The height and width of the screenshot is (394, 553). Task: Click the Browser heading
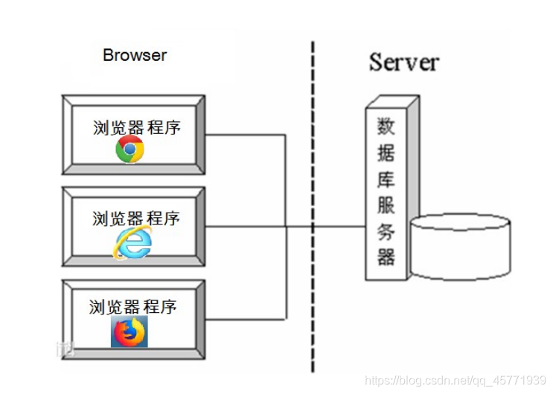pyautogui.click(x=135, y=56)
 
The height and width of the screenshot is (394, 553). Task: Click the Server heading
pyautogui.click(x=403, y=62)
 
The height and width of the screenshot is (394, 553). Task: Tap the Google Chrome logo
pyautogui.click(x=130, y=149)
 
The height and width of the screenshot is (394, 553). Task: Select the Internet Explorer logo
pyautogui.click(x=132, y=242)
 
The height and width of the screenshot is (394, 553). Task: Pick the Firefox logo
pyautogui.click(x=130, y=332)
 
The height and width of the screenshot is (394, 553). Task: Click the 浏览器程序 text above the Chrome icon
pyautogui.click(x=137, y=127)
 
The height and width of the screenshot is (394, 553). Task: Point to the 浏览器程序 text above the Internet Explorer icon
pyautogui.click(x=136, y=219)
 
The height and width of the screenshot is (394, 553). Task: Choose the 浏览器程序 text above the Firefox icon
pyautogui.click(x=133, y=307)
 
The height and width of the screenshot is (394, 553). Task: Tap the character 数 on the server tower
pyautogui.click(x=386, y=126)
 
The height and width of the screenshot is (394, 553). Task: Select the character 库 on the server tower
pyautogui.click(x=386, y=179)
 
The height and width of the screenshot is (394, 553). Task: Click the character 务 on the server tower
pyautogui.click(x=386, y=232)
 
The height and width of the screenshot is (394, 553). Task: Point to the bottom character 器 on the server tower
pyautogui.click(x=386, y=258)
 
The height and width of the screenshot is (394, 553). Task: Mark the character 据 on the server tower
pyautogui.click(x=386, y=152)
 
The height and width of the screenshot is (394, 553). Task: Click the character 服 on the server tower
pyautogui.click(x=386, y=206)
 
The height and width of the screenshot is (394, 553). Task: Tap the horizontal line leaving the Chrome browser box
pyautogui.click(x=246, y=135)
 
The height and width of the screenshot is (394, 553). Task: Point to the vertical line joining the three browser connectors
pyautogui.click(x=287, y=186)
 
